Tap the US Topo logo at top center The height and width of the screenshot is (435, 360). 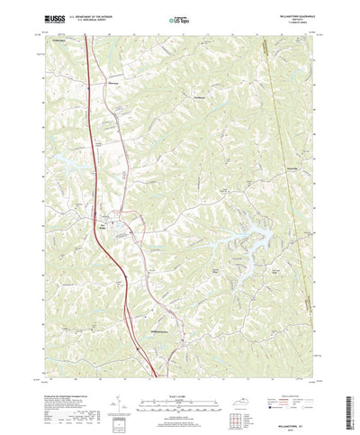point(180,17)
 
